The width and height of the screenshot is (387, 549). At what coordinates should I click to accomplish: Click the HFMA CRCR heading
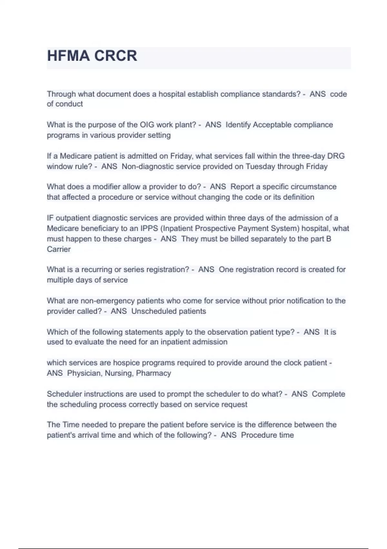point(92,56)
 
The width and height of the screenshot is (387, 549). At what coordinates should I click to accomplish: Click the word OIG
point(147,125)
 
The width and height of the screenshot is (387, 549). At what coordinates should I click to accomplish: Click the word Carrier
point(59,249)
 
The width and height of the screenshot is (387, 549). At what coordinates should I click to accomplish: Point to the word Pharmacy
point(154,373)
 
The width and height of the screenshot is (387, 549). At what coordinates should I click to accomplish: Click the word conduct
point(69,104)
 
